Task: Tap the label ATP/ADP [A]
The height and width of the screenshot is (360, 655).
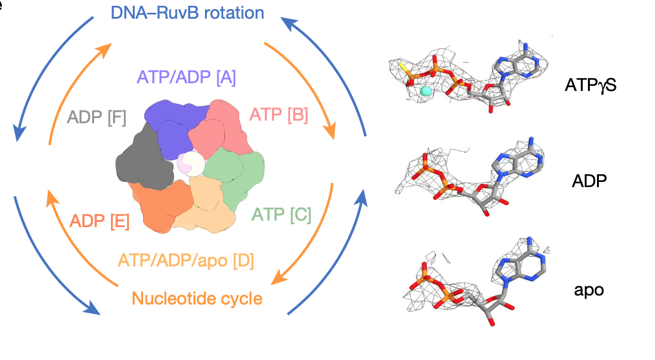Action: pyautogui.click(x=186, y=78)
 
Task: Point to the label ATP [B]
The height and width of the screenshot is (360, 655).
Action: pyautogui.click(x=278, y=115)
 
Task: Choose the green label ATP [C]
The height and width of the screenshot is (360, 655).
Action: pyautogui.click(x=282, y=214)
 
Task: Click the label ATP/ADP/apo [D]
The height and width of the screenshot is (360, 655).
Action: pyautogui.click(x=186, y=261)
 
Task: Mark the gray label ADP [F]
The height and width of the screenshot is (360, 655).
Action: pyautogui.click(x=97, y=117)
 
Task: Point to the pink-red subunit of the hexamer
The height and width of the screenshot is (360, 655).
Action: pyautogui.click(x=216, y=126)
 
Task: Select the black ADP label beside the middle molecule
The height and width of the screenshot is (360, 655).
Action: pyautogui.click(x=586, y=181)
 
